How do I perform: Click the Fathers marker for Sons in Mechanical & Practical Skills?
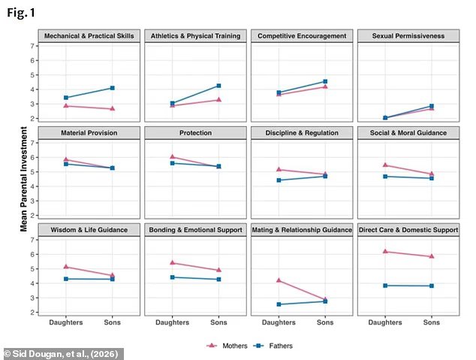(x=113, y=88)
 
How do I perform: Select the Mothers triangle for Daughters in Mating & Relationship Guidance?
(x=279, y=280)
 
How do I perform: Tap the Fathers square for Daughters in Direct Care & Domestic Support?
(x=385, y=286)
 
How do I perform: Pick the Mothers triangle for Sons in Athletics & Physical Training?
(x=218, y=100)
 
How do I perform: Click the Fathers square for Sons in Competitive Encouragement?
(x=325, y=81)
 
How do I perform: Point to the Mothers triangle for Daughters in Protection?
(x=173, y=157)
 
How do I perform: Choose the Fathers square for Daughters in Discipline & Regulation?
(x=279, y=180)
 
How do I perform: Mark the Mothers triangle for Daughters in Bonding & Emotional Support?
(x=173, y=262)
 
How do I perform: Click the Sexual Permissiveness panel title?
(x=408, y=36)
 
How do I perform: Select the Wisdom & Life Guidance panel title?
(x=89, y=230)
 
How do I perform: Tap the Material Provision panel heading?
(x=89, y=133)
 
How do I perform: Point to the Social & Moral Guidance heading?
(x=408, y=133)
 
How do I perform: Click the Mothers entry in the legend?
(x=227, y=346)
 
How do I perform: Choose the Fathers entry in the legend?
(x=273, y=346)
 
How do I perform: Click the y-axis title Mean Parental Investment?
(x=24, y=179)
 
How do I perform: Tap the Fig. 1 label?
(x=21, y=13)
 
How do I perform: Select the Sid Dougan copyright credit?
(x=61, y=354)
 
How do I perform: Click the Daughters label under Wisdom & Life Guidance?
(x=66, y=322)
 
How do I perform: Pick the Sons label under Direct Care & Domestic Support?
(x=432, y=322)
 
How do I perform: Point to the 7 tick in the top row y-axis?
(x=32, y=46)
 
